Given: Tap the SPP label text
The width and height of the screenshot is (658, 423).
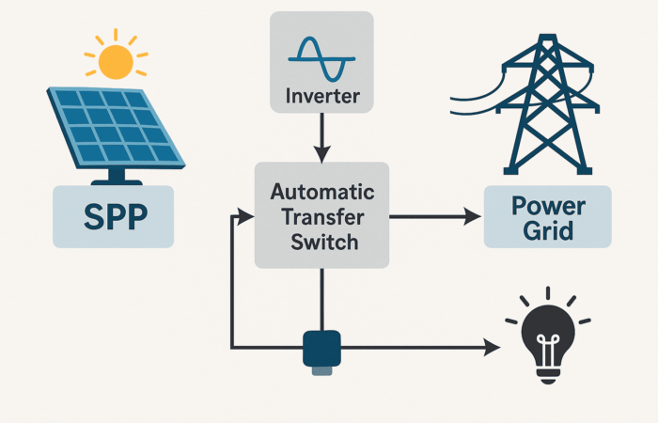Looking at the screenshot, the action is coord(116,216).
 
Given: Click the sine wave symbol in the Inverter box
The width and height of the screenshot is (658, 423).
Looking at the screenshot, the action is coord(321,58).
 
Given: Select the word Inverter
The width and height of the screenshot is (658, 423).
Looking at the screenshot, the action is coord(322,96).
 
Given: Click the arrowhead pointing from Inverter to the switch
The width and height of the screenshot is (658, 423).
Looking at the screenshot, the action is coord(321,154).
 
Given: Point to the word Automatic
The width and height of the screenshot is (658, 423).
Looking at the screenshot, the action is coord(322,192).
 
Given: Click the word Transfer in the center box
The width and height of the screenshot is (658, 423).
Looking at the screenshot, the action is coord(322,217).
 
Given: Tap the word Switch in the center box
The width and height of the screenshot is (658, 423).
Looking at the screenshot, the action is coord(324,243).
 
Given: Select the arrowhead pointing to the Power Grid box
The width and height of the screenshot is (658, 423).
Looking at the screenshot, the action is coord(473,217).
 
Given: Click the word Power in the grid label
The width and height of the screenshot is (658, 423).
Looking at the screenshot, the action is coord(548,206).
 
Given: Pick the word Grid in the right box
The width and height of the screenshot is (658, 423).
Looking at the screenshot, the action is coord(548,230).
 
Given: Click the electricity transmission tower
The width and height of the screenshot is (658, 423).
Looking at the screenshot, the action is coord(547,103).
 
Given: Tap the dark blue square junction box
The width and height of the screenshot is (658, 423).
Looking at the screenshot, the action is coord(321,348).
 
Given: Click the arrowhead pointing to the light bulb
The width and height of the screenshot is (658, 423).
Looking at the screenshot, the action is coord(492,348).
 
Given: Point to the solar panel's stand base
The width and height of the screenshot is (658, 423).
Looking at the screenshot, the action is coord(117,182).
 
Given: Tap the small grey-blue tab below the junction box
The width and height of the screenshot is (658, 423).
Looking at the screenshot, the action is coord(321,370).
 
